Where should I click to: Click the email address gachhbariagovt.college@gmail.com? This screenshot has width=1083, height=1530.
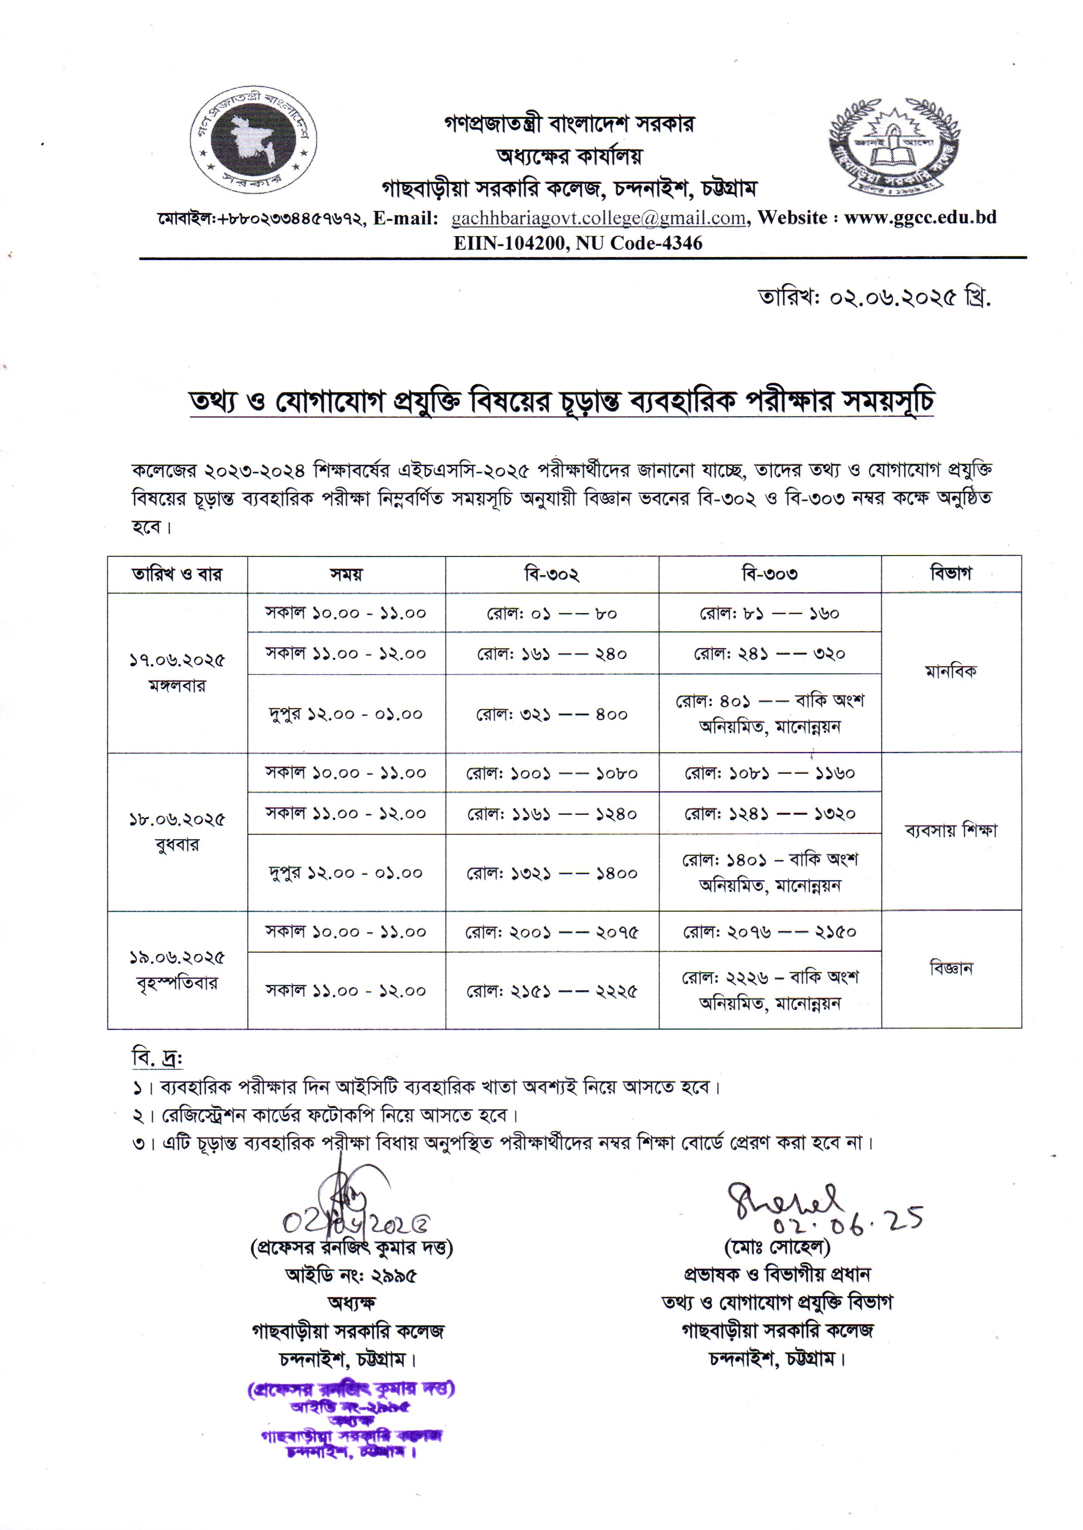pos(598,218)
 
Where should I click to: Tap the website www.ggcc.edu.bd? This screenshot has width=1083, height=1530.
pos(920,218)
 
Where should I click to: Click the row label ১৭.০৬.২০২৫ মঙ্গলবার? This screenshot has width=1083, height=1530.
pos(177,672)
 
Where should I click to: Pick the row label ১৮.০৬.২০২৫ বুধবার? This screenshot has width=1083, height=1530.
pos(177,831)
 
